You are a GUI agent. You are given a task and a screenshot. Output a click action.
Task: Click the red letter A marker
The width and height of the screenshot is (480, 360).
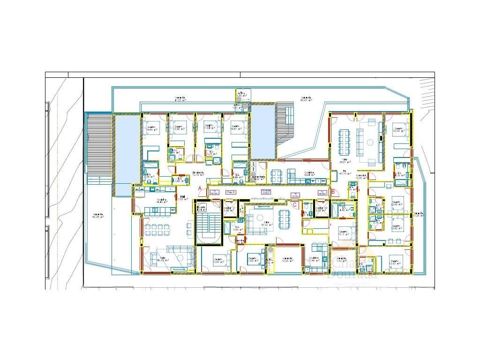[200, 188]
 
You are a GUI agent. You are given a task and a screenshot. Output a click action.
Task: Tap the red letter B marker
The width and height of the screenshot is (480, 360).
[333, 191]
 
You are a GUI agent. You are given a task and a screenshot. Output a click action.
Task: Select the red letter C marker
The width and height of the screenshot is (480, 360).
[294, 203]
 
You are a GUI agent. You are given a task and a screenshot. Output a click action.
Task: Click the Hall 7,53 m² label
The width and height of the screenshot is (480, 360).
[180, 198]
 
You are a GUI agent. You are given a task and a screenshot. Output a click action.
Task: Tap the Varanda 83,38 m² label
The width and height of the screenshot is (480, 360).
[97, 216]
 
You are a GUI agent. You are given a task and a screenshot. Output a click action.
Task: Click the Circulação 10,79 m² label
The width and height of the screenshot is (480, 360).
[198, 173]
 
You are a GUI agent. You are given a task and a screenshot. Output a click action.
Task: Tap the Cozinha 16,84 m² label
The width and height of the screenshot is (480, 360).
[309, 173]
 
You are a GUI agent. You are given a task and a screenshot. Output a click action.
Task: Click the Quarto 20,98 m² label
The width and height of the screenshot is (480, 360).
[398, 130]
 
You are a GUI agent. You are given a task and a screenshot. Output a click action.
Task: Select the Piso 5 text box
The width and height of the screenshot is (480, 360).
[231, 192]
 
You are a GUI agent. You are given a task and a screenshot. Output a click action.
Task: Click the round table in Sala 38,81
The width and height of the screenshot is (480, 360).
[370, 142]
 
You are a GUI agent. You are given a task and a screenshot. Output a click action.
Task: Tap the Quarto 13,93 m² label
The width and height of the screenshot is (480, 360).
[393, 262]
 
